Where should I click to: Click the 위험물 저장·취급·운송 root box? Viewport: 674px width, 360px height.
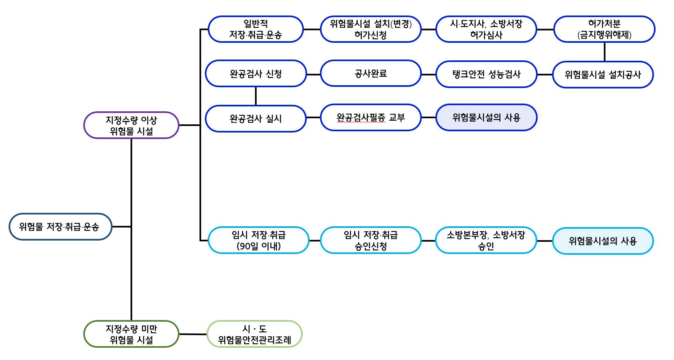60,227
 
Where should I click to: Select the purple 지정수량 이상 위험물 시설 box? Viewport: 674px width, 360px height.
131,125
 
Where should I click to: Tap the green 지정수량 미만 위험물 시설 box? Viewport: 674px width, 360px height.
131,334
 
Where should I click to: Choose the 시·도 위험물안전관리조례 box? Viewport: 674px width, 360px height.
255,334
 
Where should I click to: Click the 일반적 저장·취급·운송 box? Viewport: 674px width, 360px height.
255,29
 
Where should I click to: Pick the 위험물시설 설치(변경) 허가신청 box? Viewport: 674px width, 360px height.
371,29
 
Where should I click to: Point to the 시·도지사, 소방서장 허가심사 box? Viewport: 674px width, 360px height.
486,29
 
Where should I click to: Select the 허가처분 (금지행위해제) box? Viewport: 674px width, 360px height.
604,29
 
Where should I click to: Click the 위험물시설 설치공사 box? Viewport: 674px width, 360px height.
603,75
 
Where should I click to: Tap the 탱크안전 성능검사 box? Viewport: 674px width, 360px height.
486,74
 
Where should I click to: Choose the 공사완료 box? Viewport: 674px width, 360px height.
371,73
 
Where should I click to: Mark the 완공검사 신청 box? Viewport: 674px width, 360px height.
256,74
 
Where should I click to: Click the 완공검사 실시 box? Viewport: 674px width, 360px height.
256,119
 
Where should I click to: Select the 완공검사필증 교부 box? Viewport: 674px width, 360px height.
371,117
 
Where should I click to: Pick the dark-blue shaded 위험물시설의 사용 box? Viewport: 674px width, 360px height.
486,117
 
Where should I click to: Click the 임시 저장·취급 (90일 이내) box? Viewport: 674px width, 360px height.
259,240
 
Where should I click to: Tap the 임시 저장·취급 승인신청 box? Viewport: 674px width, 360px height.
371,240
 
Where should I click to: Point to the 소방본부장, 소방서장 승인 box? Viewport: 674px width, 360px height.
486,240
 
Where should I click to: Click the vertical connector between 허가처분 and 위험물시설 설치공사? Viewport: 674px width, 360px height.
605,52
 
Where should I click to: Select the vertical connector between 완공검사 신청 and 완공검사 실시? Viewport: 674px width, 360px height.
256,96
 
